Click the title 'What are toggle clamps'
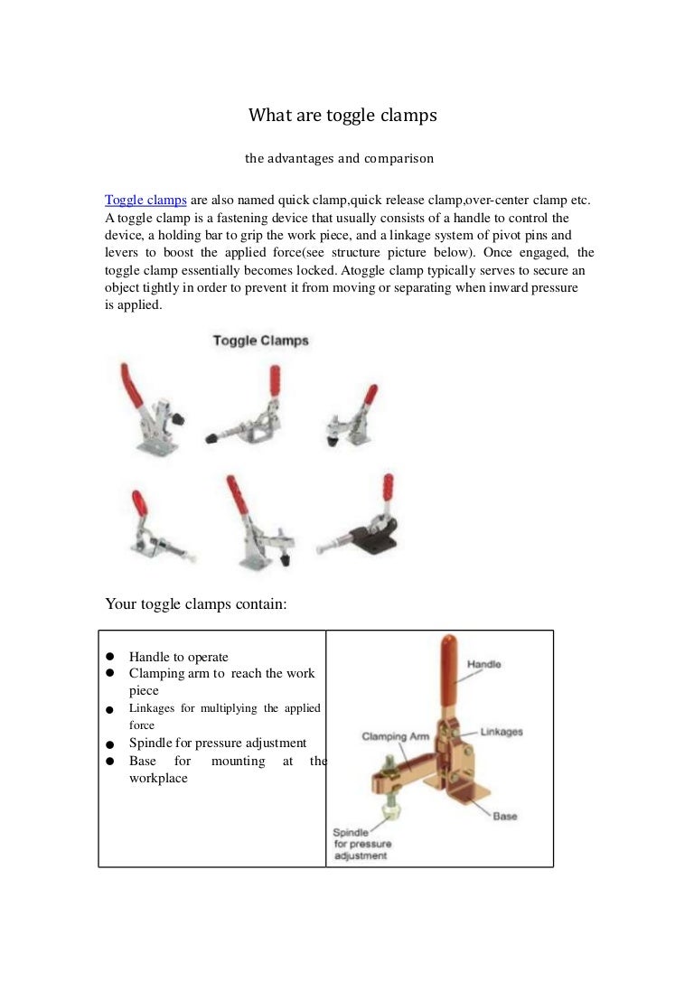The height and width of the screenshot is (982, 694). click(x=342, y=116)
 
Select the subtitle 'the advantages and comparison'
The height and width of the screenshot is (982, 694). click(x=339, y=159)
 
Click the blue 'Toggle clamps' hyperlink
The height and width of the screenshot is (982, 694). click(x=145, y=200)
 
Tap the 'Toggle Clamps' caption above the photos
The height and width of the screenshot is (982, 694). click(x=260, y=341)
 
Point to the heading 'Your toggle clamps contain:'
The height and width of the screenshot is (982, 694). click(x=196, y=603)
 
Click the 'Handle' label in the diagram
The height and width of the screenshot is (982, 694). click(x=483, y=664)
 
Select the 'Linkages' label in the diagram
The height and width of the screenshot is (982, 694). click(x=501, y=732)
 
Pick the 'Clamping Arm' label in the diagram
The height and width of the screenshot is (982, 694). click(x=395, y=736)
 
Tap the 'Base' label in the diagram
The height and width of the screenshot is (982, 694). click(x=504, y=816)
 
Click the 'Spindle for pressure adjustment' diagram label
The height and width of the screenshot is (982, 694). click(x=361, y=844)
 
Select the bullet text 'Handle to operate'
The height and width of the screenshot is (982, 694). click(x=178, y=657)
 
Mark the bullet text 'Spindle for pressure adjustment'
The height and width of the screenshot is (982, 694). click(x=218, y=743)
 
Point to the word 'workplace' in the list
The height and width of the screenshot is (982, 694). click(x=158, y=778)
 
